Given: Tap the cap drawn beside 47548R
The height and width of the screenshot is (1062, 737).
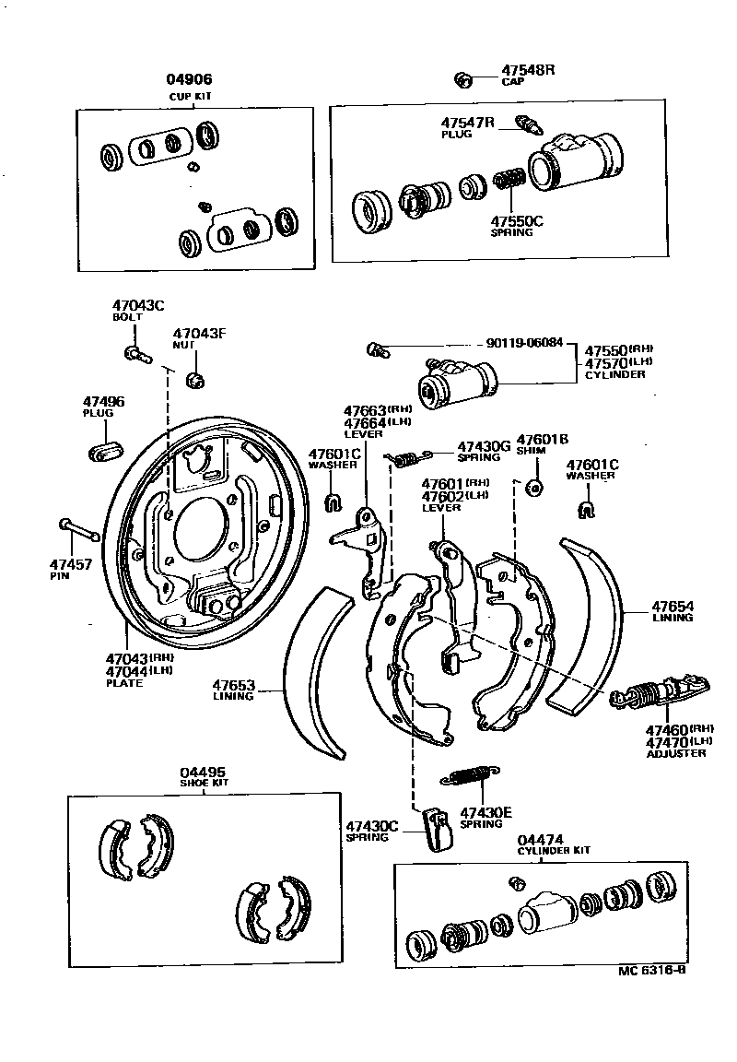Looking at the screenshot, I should tap(463, 78).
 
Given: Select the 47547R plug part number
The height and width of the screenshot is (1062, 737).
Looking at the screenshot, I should tap(467, 123).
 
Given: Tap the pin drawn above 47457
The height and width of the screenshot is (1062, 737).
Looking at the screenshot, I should tap(81, 530).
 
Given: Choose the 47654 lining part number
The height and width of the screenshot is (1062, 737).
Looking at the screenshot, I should tap(673, 606).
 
